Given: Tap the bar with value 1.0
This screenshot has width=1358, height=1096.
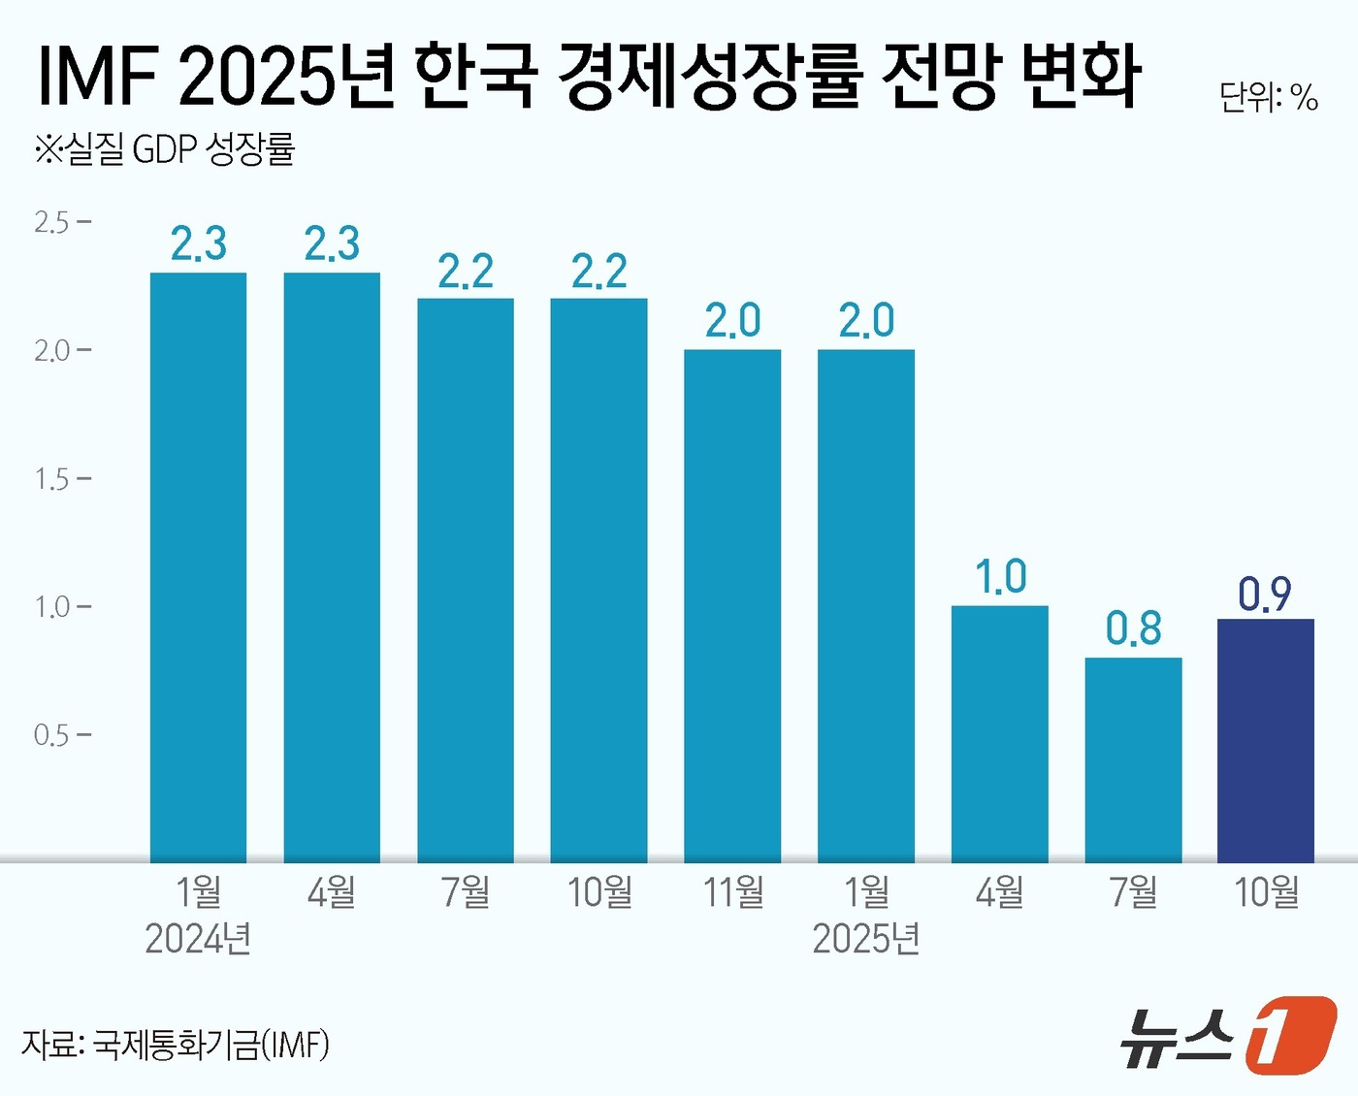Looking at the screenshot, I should pyautogui.click(x=999, y=733).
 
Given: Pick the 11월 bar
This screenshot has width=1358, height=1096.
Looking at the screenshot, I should pyautogui.click(x=732, y=605).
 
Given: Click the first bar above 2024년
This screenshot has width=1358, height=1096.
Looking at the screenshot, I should pyautogui.click(x=198, y=567).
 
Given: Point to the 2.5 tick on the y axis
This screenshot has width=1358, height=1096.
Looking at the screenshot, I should pyautogui.click(x=52, y=222).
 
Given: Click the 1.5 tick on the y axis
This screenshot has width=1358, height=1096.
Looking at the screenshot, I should pyautogui.click(x=52, y=479).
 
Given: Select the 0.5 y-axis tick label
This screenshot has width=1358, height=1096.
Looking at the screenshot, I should pyautogui.click(x=52, y=735).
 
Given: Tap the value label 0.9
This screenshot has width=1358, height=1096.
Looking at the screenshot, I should pyautogui.click(x=1265, y=594).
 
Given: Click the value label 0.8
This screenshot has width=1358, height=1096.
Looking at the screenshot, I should pyautogui.click(x=1133, y=629).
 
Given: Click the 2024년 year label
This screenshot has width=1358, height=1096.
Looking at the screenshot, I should pyautogui.click(x=198, y=939).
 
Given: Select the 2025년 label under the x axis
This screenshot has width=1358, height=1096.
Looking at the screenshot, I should pyautogui.click(x=866, y=939).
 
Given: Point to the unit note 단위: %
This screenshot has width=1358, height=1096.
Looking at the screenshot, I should pyautogui.click(x=1268, y=97).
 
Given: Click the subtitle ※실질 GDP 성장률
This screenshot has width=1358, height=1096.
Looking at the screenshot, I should pyautogui.click(x=165, y=149).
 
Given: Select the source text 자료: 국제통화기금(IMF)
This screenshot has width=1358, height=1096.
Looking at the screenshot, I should pyautogui.click(x=176, y=1045).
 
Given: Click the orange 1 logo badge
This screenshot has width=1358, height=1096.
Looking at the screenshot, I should pyautogui.click(x=1289, y=1035).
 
